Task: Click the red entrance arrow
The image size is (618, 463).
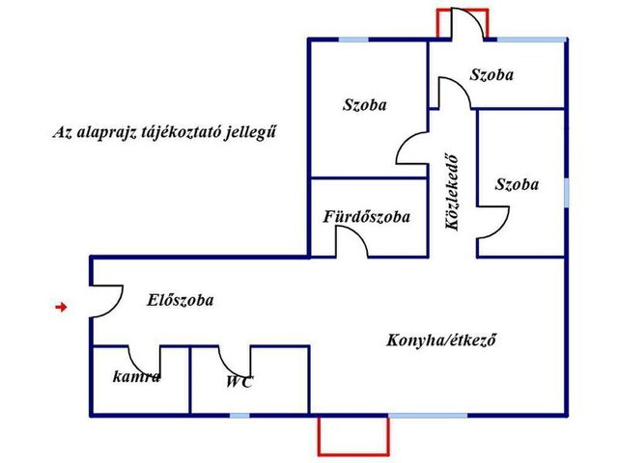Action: click(61, 307)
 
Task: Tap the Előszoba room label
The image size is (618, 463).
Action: click(181, 300)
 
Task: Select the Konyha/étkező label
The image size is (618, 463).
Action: click(440, 340)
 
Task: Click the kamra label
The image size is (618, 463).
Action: click(136, 377)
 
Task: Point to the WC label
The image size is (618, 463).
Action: click(239, 382)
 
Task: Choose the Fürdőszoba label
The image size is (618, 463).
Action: click(367, 216)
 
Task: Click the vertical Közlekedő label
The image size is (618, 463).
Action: click(452, 193)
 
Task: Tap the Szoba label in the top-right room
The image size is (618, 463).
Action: click(492, 74)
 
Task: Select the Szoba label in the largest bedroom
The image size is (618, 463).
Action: click(365, 105)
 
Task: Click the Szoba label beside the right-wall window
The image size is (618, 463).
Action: click(517, 184)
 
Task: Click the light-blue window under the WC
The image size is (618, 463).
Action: click(239, 416)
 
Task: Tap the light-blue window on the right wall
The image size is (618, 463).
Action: click(567, 193)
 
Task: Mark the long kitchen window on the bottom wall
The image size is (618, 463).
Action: click(428, 416)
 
